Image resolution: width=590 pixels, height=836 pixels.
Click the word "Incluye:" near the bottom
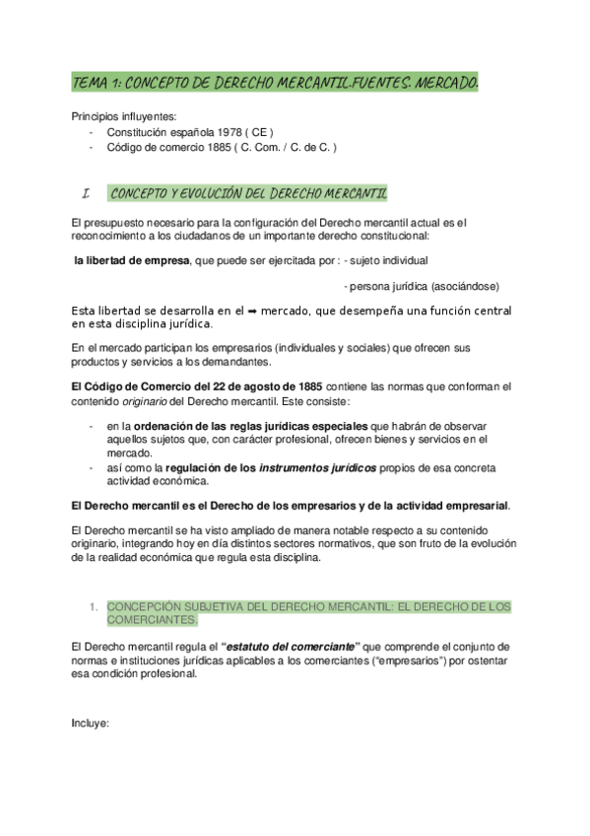coord(90,722)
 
